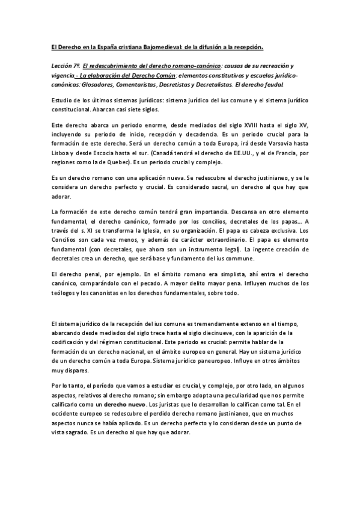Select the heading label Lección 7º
click(x=64, y=64)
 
